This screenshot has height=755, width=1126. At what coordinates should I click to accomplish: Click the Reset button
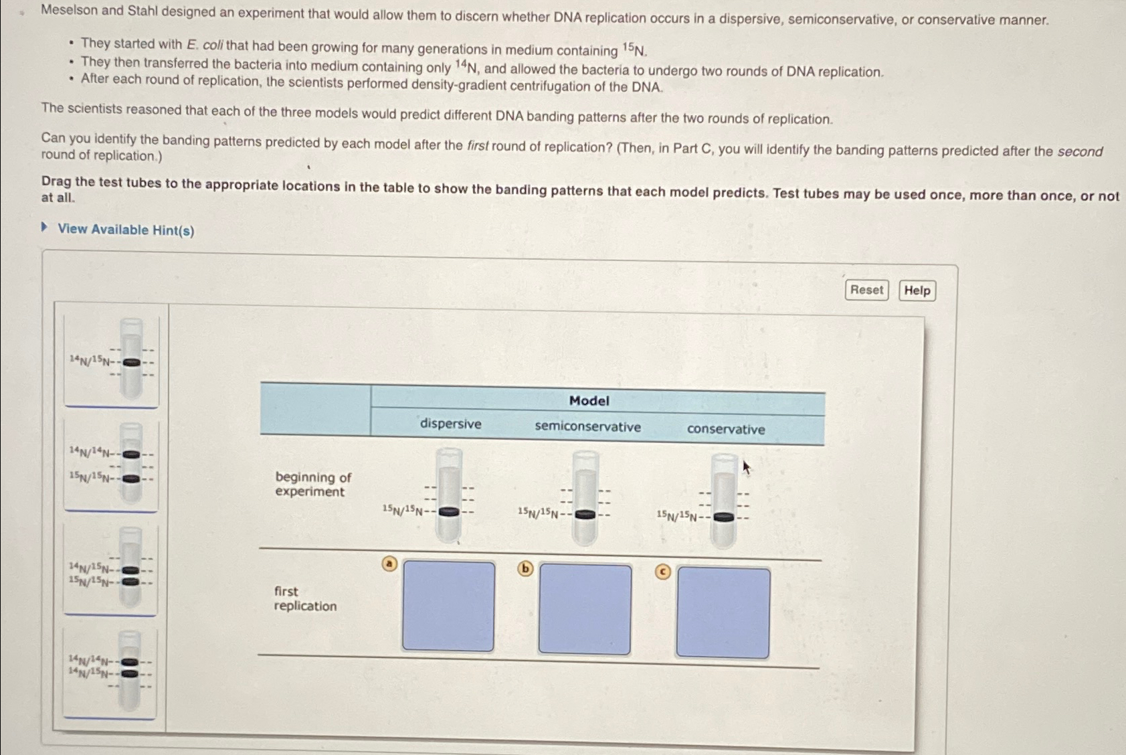click(x=866, y=290)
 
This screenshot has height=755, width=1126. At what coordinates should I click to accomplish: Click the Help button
click(x=917, y=290)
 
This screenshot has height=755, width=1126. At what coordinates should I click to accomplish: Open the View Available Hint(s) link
click(x=125, y=230)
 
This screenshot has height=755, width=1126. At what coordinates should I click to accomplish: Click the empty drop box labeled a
click(x=448, y=606)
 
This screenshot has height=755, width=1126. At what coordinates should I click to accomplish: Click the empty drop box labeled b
click(x=585, y=609)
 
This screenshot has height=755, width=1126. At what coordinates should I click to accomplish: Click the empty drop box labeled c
click(x=723, y=612)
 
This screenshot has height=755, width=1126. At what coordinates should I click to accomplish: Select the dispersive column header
click(x=450, y=424)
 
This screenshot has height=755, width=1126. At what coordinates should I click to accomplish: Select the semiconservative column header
click(x=587, y=426)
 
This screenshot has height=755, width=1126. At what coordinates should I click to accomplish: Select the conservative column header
click(x=726, y=429)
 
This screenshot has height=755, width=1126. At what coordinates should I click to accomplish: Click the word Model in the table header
click(x=589, y=400)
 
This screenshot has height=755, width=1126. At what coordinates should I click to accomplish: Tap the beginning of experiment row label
click(x=312, y=484)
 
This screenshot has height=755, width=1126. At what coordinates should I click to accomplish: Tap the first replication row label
click(x=304, y=598)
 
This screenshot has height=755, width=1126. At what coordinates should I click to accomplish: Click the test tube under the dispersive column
click(x=449, y=495)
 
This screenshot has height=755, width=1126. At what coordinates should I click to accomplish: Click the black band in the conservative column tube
click(x=723, y=517)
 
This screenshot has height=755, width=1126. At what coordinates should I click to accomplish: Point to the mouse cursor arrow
click(x=746, y=467)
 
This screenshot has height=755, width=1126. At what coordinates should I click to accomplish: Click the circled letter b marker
click(x=526, y=569)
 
